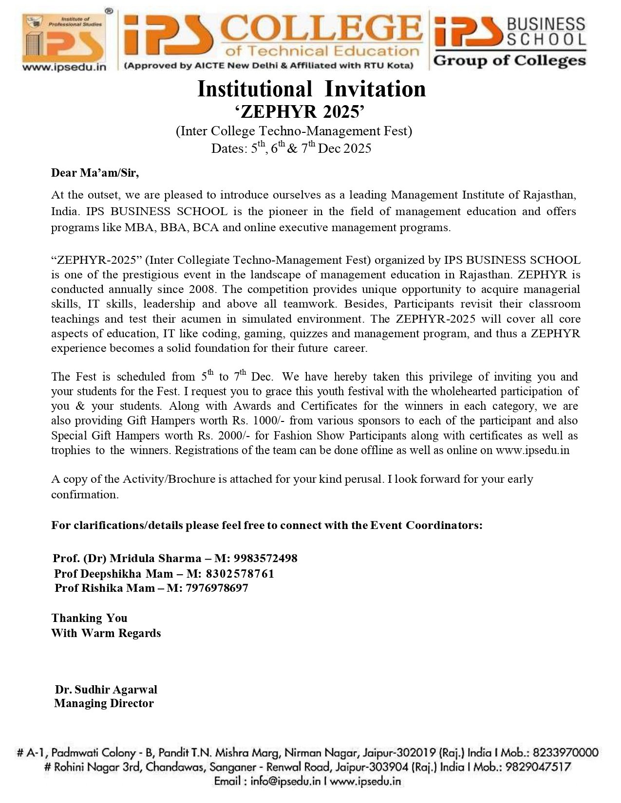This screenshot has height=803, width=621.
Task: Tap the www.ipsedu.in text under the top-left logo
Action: [x=64, y=67]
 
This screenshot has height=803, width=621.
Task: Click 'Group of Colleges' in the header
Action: [x=509, y=61]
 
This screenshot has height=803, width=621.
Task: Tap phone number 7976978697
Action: [x=217, y=588]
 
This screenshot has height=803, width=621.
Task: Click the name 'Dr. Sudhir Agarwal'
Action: [x=106, y=690]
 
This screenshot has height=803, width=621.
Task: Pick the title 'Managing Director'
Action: [x=104, y=703]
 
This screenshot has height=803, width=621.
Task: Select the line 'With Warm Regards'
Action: [x=106, y=633]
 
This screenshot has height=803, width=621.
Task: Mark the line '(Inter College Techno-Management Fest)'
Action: [x=294, y=131]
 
